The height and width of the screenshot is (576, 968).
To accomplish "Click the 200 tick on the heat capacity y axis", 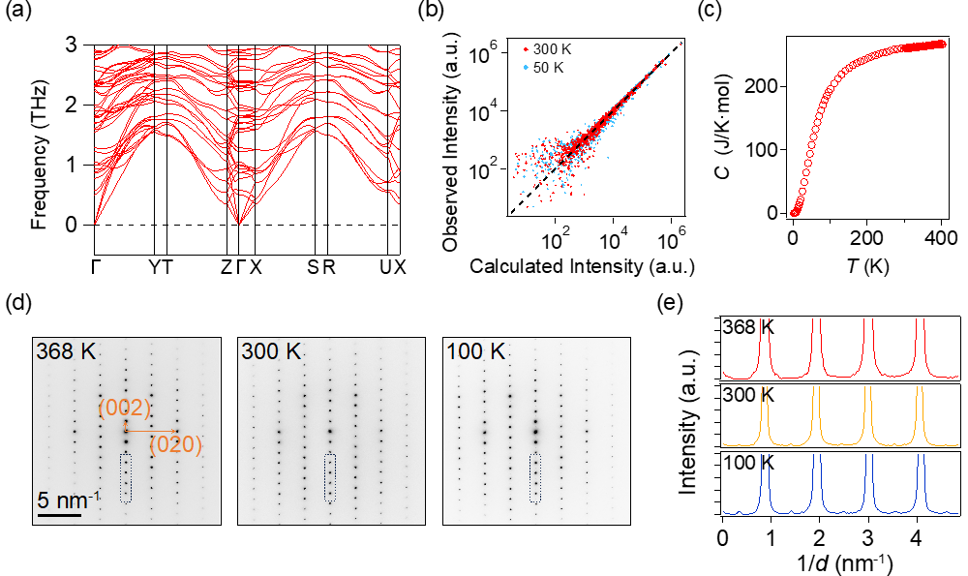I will (x=764, y=86).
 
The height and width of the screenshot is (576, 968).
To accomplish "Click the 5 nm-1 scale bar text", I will (x=69, y=500).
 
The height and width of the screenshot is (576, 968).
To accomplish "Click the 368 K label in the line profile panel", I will (x=749, y=329).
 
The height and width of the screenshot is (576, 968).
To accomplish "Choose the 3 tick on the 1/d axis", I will (x=870, y=535).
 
